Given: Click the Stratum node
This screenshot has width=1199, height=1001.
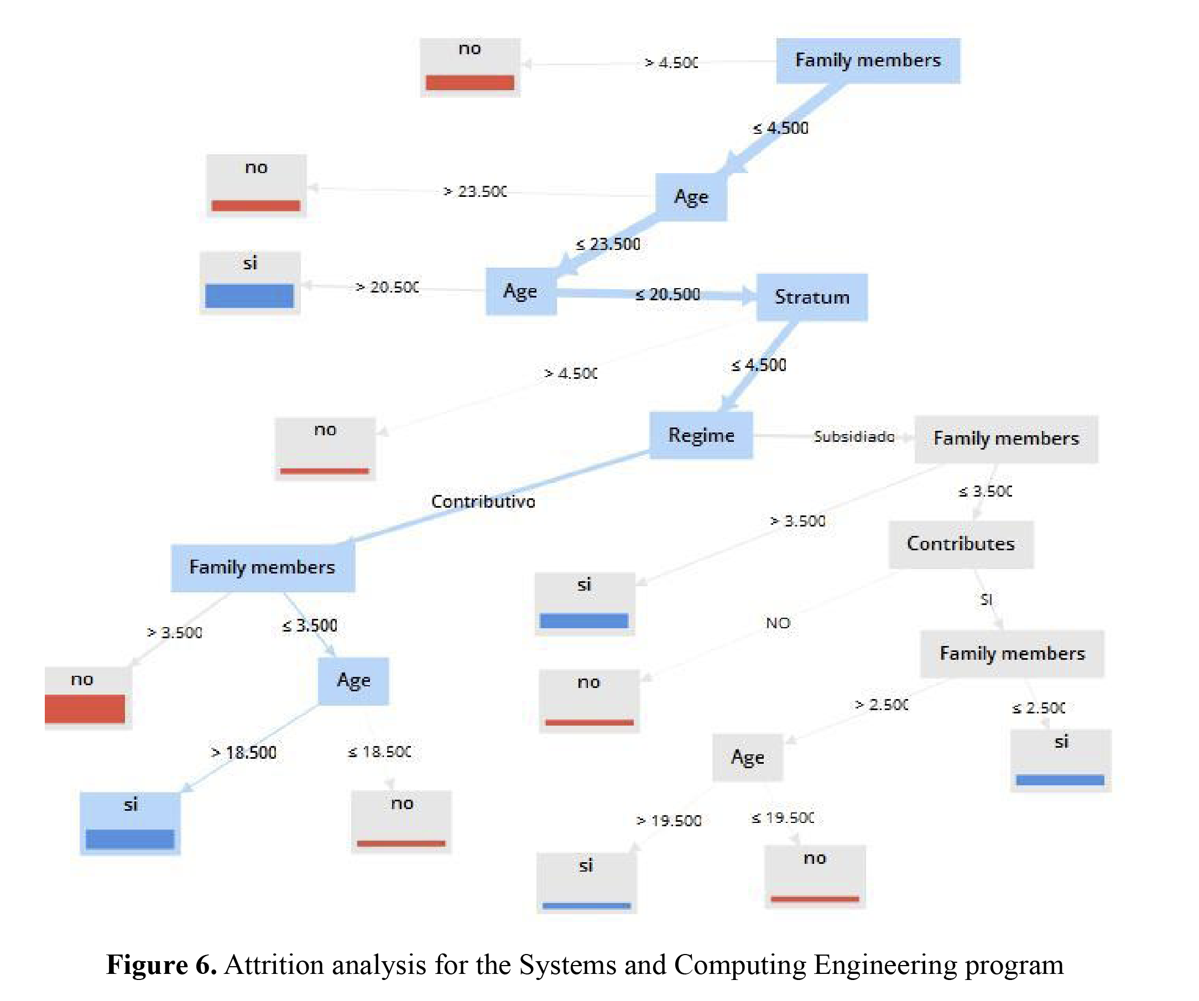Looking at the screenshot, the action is pyautogui.click(x=812, y=297).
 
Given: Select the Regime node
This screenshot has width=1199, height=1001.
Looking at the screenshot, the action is pyautogui.click(x=701, y=435).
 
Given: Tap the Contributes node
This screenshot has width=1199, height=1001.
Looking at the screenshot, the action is pyautogui.click(x=961, y=544).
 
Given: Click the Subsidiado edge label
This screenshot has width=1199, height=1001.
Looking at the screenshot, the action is pyautogui.click(x=854, y=437).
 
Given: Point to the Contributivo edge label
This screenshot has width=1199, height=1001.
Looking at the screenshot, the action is pyautogui.click(x=483, y=502).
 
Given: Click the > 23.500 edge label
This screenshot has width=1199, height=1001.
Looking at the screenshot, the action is pyautogui.click(x=475, y=191).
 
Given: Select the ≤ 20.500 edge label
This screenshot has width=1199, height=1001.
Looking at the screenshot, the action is pyautogui.click(x=668, y=294).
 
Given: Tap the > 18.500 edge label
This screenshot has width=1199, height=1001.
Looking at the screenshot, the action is pyautogui.click(x=244, y=753).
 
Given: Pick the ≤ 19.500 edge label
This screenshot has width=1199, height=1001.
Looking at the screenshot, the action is pyautogui.click(x=783, y=818).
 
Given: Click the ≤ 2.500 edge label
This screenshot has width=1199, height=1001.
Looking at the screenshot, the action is pyautogui.click(x=1039, y=708).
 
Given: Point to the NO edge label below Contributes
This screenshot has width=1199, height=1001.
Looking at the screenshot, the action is pyautogui.click(x=778, y=623).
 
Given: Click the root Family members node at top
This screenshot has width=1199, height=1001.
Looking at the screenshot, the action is pyautogui.click(x=868, y=60).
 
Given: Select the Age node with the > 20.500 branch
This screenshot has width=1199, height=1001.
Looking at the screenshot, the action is pyautogui.click(x=521, y=291).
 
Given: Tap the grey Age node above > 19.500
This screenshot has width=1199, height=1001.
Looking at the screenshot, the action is pyautogui.click(x=747, y=757).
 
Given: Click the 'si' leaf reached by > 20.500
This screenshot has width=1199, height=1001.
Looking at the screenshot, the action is pyautogui.click(x=249, y=283).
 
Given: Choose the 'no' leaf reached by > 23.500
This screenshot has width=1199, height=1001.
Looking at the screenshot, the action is pyautogui.click(x=256, y=186).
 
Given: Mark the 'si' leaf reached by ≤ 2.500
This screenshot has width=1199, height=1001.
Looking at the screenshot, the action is pyautogui.click(x=1060, y=760).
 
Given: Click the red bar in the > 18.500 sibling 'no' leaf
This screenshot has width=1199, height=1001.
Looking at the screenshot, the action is pyautogui.click(x=401, y=843).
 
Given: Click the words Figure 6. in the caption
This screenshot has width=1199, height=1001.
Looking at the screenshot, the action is pyautogui.click(x=161, y=964).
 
